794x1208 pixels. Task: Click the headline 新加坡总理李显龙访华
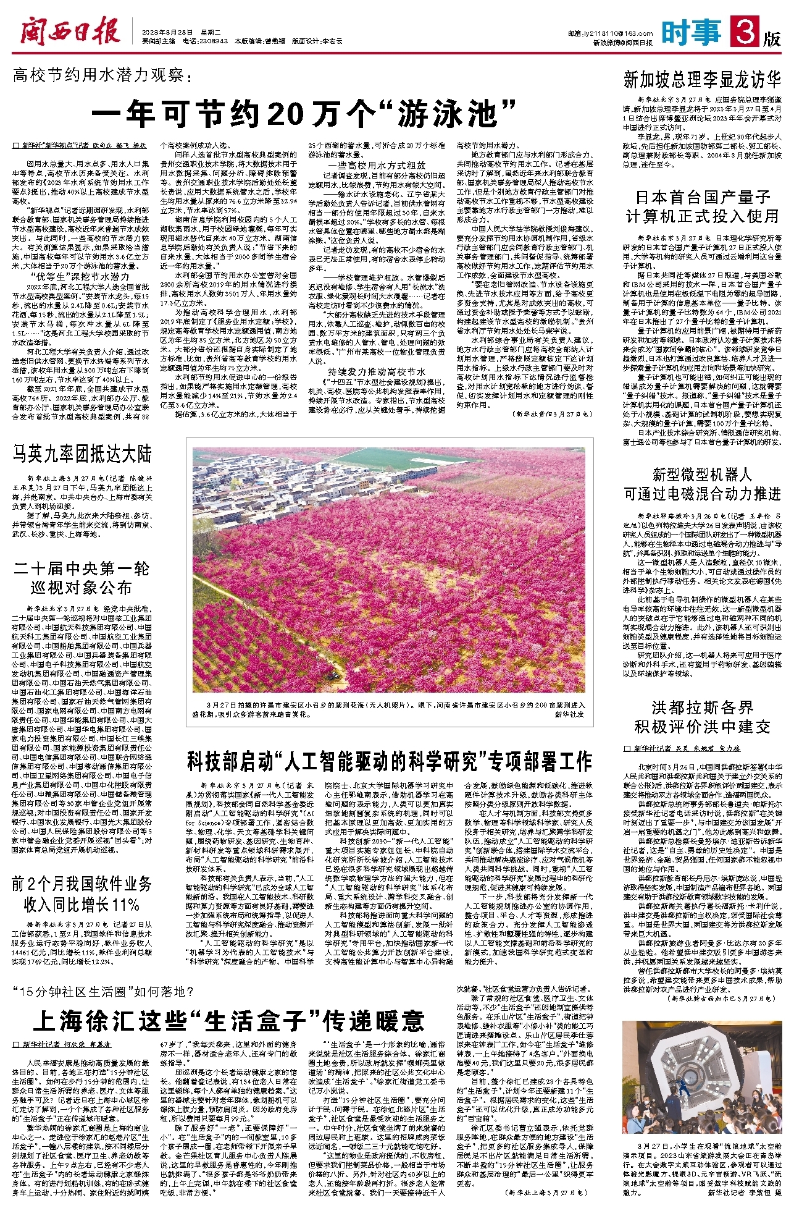(x=702, y=80)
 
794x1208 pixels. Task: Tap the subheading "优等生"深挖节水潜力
(x=81, y=276)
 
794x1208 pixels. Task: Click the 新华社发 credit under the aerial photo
(x=569, y=714)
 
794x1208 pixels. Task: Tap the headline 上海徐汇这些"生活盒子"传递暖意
(x=228, y=1022)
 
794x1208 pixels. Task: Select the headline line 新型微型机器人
(x=702, y=475)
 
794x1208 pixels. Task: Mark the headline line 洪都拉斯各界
(x=702, y=707)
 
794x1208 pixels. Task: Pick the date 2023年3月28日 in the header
(x=167, y=31)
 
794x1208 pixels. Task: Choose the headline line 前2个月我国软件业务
(x=81, y=884)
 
